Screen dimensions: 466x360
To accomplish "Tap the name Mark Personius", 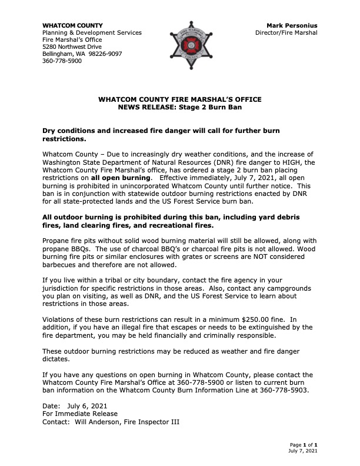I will pyautogui.click(x=292, y=25).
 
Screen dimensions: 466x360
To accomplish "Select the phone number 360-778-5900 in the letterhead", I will pyautogui.click(x=62, y=61).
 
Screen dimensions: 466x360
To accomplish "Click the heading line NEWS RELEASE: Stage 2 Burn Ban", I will pyautogui.click(x=179, y=108).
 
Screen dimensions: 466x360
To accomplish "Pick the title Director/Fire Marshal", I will pyautogui.click(x=286, y=32).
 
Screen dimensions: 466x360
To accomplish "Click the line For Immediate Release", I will pyautogui.click(x=80, y=414).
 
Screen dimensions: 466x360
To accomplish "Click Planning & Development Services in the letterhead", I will pyautogui.click(x=92, y=32).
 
